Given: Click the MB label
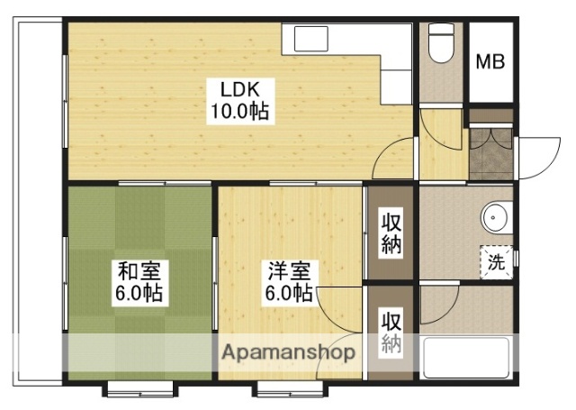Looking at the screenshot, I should click(490, 62).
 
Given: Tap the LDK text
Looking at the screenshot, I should click(238, 90).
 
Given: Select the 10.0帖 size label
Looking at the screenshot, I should click(238, 112).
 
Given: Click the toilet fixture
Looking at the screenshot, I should click(440, 44).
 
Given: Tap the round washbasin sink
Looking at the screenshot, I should click(494, 218).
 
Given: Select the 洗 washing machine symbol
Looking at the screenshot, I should click(497, 263).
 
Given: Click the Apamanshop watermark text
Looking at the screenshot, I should click(287, 352).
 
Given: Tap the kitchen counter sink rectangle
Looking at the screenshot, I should click(312, 39).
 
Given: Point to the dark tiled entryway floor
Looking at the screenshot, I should click(490, 149).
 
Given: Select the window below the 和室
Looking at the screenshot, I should click(139, 389).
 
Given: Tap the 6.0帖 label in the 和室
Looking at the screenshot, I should click(138, 294).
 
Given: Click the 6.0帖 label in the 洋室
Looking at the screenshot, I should click(288, 294).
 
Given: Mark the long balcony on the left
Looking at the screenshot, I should click(39, 198).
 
